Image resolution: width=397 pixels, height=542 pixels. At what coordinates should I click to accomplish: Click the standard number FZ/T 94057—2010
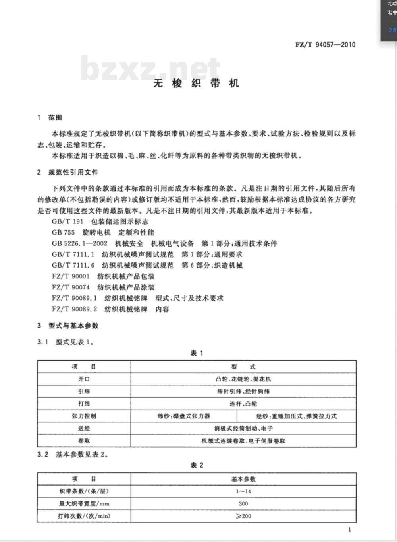point(325,45)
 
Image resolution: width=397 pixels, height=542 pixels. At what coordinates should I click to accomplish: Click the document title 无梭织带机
point(197,83)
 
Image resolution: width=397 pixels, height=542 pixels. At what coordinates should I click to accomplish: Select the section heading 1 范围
point(50,118)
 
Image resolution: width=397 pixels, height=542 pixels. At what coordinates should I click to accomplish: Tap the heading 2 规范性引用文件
point(67,172)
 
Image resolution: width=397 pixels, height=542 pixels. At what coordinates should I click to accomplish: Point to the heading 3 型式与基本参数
point(68,326)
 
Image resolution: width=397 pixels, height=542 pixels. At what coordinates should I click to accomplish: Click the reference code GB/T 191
point(67,221)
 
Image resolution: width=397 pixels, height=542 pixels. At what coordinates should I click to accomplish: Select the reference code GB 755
point(63,232)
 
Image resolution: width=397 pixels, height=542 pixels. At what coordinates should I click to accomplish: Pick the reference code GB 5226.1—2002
point(79,243)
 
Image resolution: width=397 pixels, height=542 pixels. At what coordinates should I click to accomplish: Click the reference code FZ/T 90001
point(71,276)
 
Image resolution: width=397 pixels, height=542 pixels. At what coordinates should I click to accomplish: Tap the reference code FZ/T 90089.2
point(74,309)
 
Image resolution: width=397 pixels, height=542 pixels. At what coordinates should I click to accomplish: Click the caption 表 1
point(197,353)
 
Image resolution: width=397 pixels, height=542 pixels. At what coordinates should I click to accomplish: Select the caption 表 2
point(197,465)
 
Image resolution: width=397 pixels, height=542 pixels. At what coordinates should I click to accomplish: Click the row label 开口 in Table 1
point(84,379)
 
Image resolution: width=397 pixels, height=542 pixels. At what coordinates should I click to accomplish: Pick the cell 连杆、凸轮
point(243,404)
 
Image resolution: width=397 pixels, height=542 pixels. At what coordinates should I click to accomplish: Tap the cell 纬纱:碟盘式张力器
point(183,416)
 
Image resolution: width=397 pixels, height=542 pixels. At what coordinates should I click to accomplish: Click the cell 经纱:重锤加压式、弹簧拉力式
point(296,416)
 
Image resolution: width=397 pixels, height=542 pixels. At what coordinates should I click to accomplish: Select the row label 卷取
point(84,441)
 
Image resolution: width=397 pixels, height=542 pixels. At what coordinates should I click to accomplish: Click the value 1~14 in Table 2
point(243,491)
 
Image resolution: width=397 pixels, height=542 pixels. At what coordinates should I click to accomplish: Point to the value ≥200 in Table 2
point(243,516)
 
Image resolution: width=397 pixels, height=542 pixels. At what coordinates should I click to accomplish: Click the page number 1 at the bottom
point(349,529)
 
